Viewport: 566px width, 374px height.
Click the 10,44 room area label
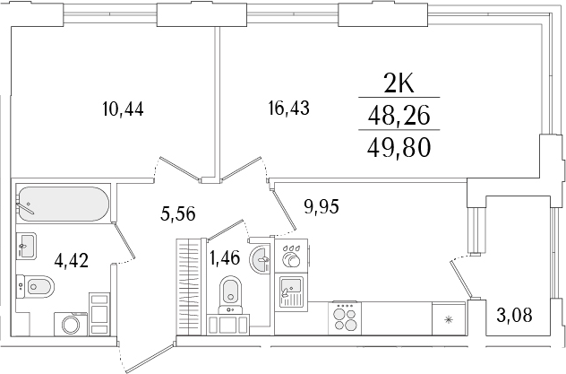[124, 109]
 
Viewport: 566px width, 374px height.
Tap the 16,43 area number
[288, 109]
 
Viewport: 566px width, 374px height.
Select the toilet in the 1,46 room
[230, 291]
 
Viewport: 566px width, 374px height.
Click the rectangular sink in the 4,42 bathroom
[26, 243]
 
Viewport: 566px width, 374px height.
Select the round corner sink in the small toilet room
[262, 260]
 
